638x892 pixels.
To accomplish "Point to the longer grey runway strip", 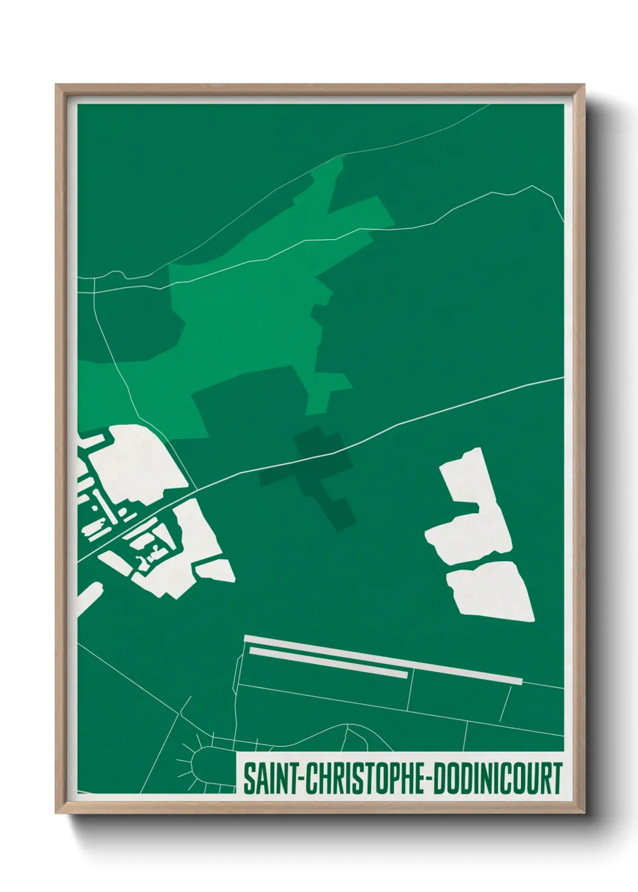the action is [384, 659].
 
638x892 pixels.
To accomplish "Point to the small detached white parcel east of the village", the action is [215, 570].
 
